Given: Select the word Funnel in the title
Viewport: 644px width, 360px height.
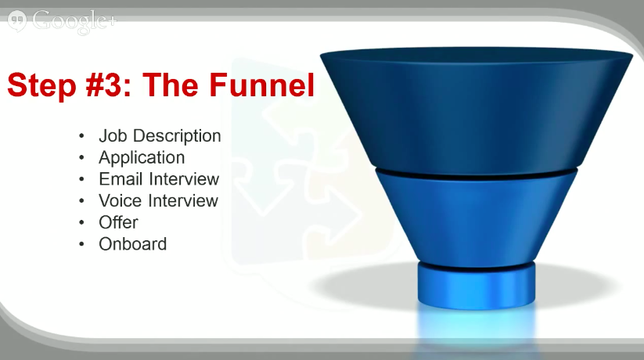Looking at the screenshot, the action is pos(261,85).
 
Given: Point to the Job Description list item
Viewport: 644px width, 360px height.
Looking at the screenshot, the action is pos(160,136).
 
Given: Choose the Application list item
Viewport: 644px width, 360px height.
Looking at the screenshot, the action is pos(142,158).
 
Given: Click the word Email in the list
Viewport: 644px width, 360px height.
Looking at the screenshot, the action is pos(121,178).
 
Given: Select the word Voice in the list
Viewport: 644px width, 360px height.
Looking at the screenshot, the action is pos(120,200).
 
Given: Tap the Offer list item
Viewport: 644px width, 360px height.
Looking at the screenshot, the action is pos(118,222).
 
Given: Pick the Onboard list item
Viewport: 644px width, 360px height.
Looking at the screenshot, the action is pos(133,244).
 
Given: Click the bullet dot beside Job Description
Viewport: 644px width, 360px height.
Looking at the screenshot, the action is pos(81,136).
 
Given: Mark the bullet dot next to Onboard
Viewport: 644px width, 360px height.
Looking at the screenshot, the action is pos(81,244).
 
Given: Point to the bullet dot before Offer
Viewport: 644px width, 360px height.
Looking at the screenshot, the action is pos(81,223).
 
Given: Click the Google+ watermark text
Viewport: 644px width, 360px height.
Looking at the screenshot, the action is pos(74,21).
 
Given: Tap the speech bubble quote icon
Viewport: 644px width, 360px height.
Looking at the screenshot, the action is pos(17,20).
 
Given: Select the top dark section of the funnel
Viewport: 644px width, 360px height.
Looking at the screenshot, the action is pos(477,111).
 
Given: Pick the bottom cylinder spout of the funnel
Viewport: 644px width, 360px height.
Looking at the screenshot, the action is pos(477,286).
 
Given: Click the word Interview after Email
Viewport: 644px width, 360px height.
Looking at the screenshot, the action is pos(184,178).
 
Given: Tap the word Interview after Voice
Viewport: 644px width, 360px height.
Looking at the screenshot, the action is pos(183,200).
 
